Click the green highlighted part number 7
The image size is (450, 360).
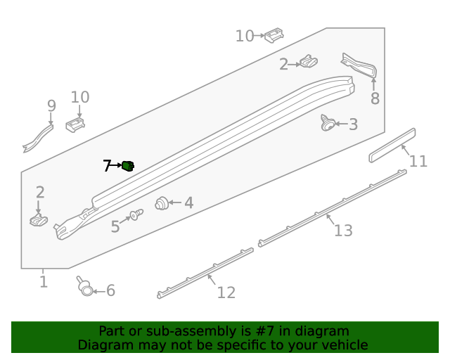point(128,166)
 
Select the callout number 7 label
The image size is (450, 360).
point(107,166)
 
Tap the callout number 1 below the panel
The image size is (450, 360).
point(44,282)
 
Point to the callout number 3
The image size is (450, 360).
point(353,124)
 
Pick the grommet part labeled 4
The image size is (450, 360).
point(162,202)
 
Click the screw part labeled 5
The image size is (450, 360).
point(135,214)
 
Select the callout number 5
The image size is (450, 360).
point(115,226)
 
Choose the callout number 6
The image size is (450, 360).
point(110,290)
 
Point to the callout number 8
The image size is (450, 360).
point(375,98)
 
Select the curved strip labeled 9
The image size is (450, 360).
point(39,137)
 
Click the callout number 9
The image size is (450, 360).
point(51,105)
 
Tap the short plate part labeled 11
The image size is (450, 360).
point(392,145)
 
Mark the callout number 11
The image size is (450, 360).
point(418,161)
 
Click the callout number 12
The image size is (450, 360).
point(226,292)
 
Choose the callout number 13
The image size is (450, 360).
point(343,230)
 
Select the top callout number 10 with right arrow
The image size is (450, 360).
point(244,35)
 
